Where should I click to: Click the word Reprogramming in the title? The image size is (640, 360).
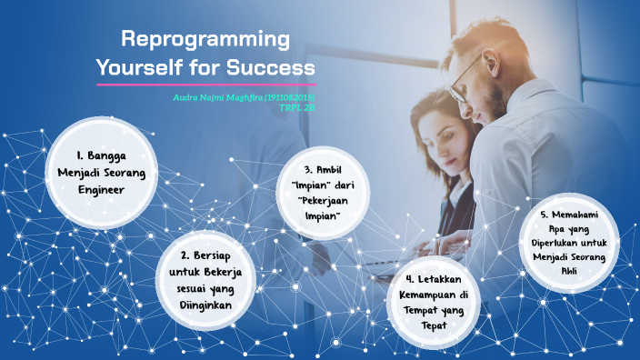pyautogui.click(x=205, y=40)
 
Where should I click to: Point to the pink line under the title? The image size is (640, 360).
pyautogui.click(x=206, y=85)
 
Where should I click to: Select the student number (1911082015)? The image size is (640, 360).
pyautogui.click(x=290, y=96)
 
